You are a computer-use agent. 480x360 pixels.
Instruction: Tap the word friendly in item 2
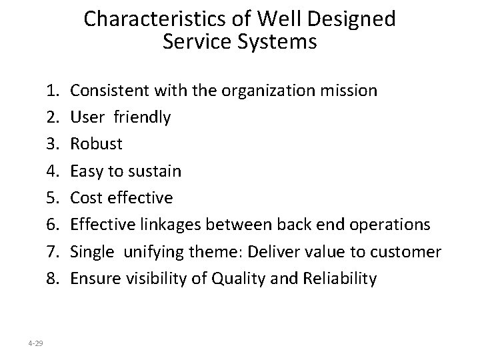(x=142, y=117)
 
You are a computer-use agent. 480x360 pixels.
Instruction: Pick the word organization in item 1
(x=255, y=89)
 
